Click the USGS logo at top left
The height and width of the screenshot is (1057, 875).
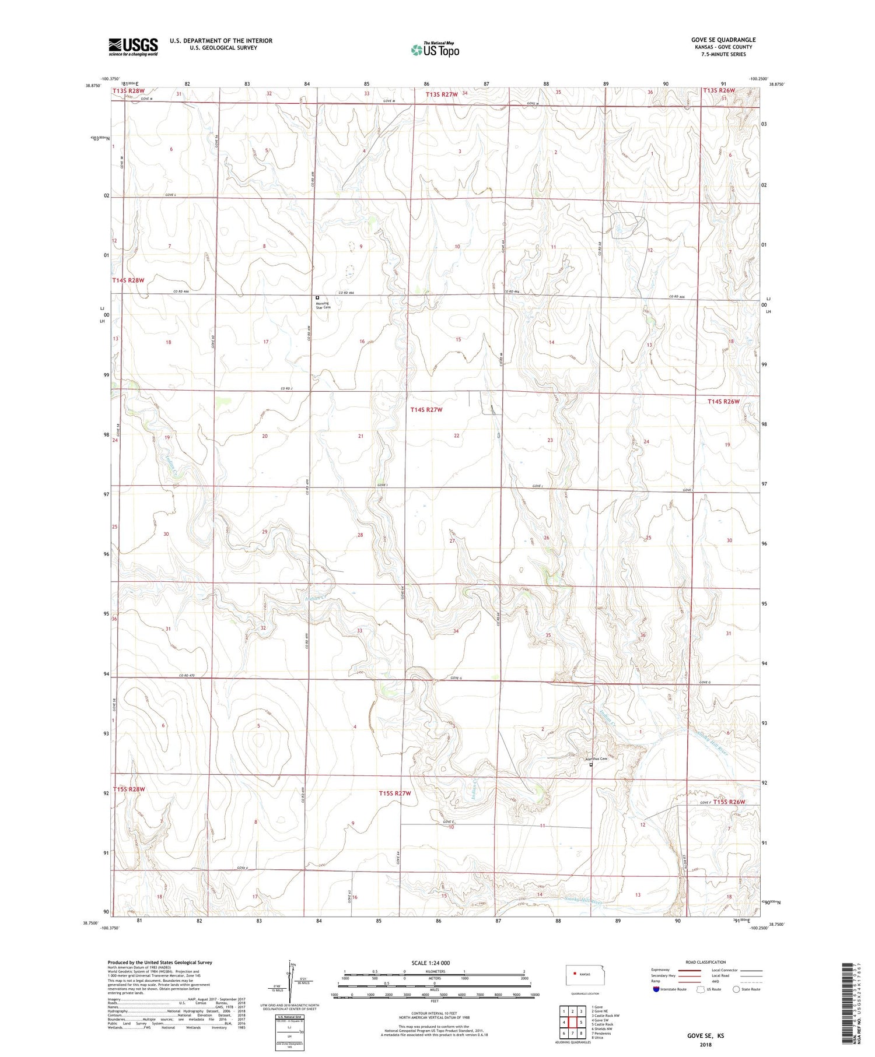coord(133,47)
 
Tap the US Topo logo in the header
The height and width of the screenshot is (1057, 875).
coord(435,50)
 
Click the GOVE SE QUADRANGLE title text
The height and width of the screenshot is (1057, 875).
coord(723,40)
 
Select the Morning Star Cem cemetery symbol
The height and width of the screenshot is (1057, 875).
coord(317,297)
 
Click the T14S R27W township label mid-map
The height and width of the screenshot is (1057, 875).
coord(426,410)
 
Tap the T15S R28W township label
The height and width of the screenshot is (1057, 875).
coord(129,789)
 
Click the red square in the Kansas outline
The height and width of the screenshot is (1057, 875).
coord(575,973)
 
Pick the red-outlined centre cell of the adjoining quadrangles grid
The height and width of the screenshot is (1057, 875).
coord(581,1022)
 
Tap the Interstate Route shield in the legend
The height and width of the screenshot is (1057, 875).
coord(656,989)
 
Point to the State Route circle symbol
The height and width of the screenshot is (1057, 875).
coord(736,989)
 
